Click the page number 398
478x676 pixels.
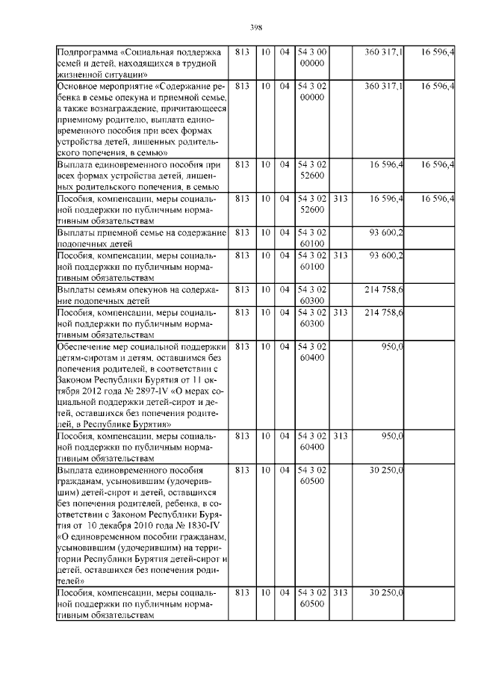tap(253, 28)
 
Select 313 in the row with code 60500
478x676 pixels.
tap(340, 592)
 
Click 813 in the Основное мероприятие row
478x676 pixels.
tap(241, 87)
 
